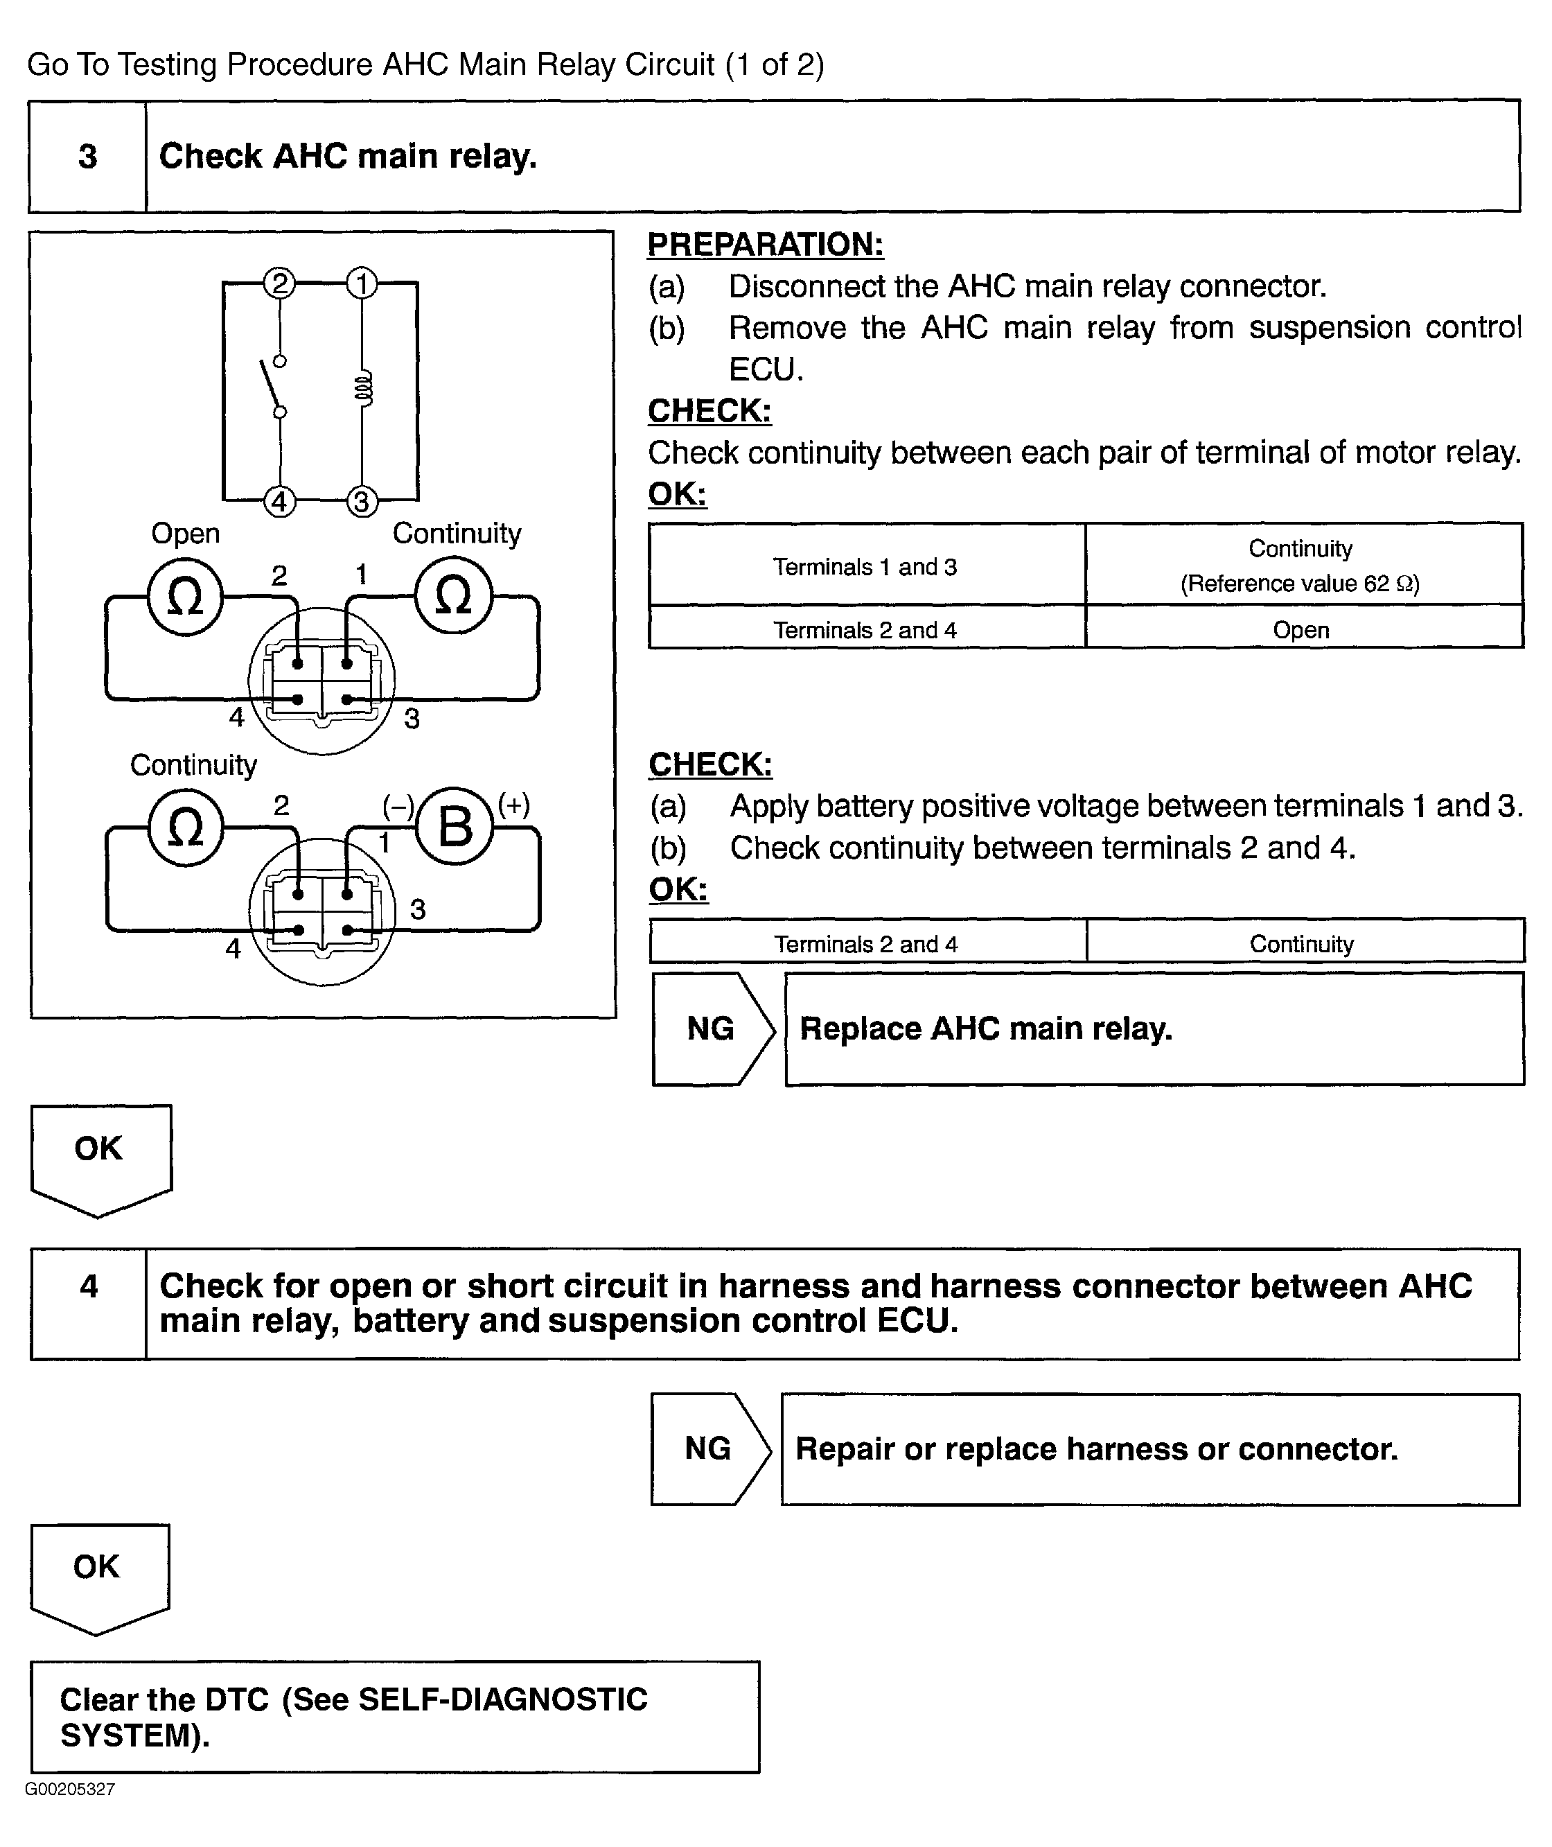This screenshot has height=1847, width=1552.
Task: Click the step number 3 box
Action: point(87,157)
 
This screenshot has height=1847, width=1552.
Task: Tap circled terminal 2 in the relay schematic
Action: point(280,283)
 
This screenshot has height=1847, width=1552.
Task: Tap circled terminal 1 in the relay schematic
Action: point(362,283)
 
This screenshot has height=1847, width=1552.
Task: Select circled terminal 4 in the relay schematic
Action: point(280,502)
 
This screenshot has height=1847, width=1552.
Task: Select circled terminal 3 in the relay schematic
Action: point(362,502)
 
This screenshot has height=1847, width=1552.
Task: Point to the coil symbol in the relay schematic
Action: point(362,388)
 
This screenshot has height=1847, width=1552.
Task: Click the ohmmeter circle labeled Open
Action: point(185,597)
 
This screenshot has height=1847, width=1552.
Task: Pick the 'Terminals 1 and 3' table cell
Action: point(866,567)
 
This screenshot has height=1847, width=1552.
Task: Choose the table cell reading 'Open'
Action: point(1300,630)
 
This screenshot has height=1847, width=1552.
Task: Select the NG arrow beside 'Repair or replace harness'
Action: point(709,1449)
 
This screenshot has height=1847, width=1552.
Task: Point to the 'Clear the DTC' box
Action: point(395,1717)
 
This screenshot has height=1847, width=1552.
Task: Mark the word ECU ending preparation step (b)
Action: point(766,369)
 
